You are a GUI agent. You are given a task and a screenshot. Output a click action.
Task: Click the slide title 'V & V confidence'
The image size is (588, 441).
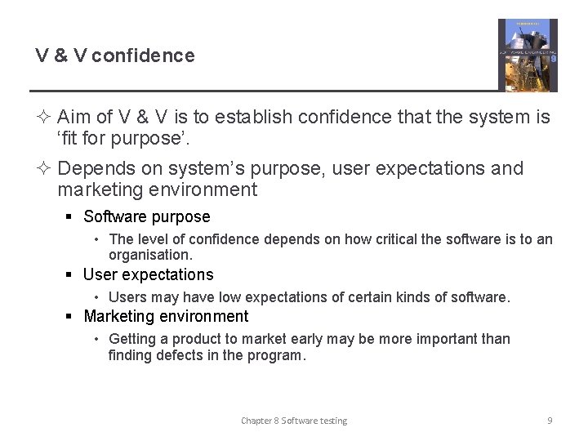point(115,56)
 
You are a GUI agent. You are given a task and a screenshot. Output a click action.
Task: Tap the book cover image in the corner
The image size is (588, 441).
point(528,56)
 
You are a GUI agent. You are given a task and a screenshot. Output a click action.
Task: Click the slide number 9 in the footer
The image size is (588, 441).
point(550,421)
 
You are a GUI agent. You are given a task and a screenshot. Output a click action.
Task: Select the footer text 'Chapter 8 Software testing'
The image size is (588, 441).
point(294,421)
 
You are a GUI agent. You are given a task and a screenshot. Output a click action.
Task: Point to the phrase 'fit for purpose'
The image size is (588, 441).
point(122,139)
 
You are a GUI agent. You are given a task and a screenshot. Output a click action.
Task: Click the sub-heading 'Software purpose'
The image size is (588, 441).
point(147,217)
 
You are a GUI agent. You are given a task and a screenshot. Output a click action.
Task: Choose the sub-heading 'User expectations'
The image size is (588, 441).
point(149,275)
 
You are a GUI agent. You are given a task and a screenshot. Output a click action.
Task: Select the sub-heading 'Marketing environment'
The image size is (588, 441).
point(166,317)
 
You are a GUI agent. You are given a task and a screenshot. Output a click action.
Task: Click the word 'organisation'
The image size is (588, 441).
point(149,255)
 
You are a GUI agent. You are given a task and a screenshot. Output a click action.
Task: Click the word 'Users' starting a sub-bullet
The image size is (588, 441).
point(127,298)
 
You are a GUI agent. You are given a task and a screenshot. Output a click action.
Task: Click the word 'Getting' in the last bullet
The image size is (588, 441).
point(132,340)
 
